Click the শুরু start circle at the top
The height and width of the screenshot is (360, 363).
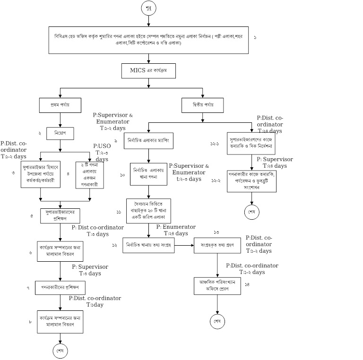coord(148,8)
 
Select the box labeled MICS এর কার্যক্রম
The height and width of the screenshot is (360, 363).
coord(149,71)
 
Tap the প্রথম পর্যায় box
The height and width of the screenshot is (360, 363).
coord(60,104)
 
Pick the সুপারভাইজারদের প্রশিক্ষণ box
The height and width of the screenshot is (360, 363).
coord(60,216)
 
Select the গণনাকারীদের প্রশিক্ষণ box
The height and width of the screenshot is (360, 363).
coord(60,287)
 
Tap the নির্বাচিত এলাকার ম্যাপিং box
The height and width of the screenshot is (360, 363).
coord(149,140)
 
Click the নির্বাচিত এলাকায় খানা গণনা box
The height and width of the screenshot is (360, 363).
coord(149,175)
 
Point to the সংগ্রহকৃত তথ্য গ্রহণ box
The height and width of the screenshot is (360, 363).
coord(217,245)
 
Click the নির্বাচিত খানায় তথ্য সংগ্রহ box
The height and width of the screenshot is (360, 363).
coord(149,245)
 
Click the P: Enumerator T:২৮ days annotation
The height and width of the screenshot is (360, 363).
coord(176,230)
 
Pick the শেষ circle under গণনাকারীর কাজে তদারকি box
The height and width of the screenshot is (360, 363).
coord(251,212)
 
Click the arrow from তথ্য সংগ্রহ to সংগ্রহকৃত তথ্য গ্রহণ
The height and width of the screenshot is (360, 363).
coord(185,245)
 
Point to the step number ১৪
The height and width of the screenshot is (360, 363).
coord(248,284)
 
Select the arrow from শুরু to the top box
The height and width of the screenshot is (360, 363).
coord(148,22)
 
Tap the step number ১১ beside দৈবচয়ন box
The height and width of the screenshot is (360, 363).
coord(119,212)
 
